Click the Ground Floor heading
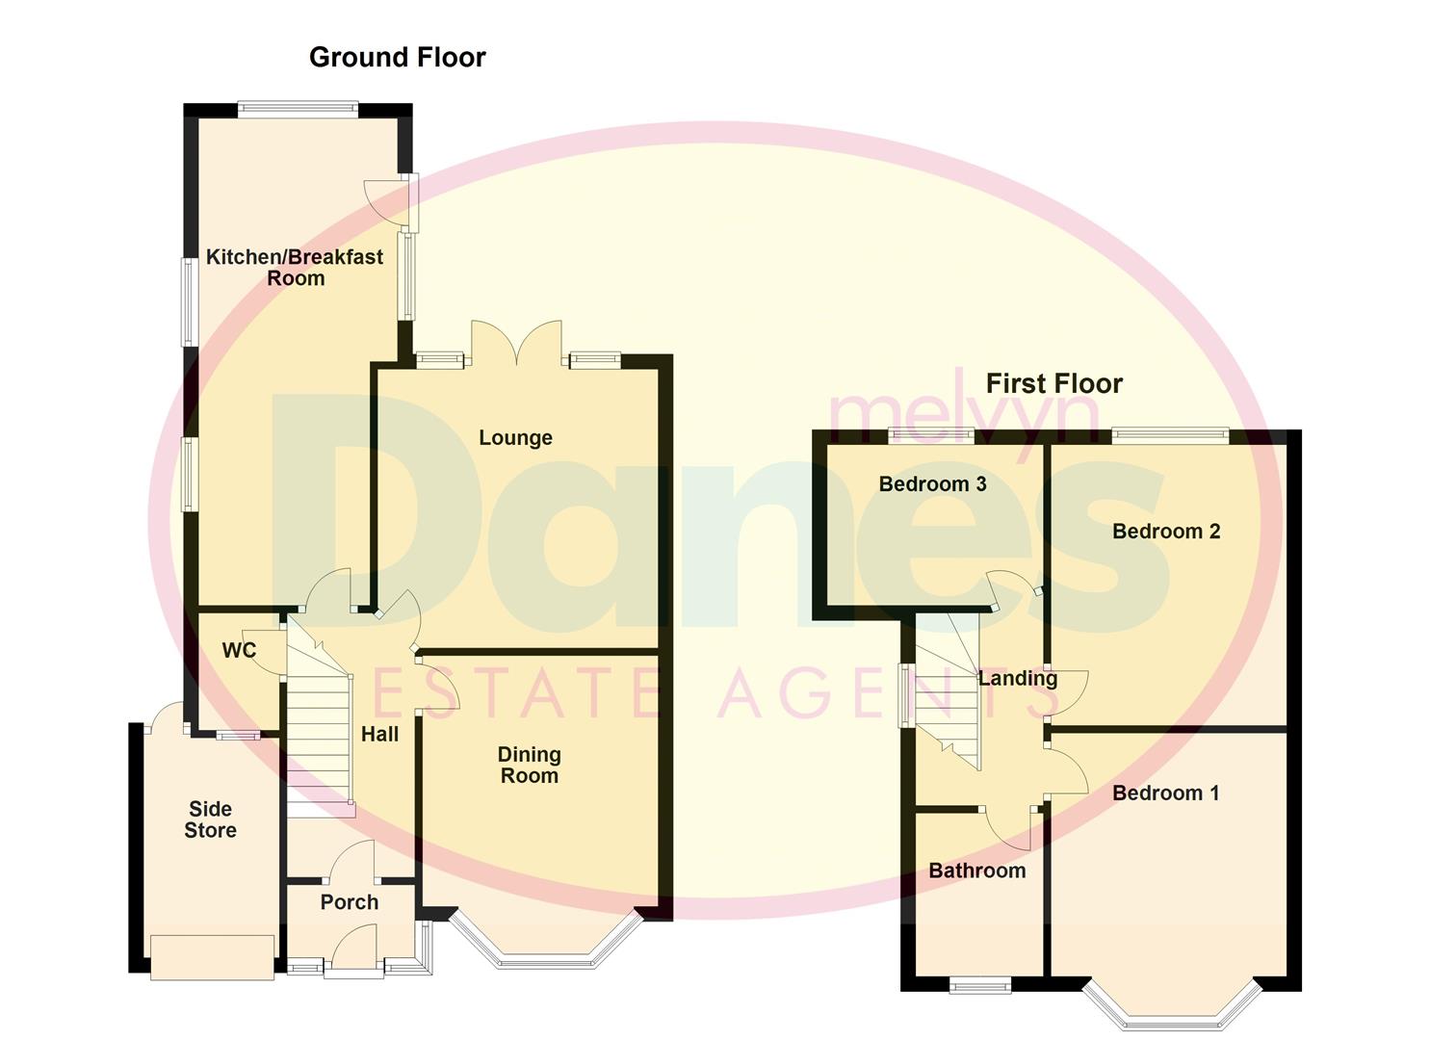pos(397,58)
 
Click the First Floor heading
pos(1053,384)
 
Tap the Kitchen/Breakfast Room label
pos(295,268)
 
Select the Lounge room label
pos(515,438)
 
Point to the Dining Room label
pos(529,766)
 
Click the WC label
pos(239,651)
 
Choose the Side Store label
pos(210,819)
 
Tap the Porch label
pos(349,902)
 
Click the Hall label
pos(379,734)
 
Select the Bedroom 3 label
pos(932,484)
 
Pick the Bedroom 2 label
pos(1165,532)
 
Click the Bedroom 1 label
pos(1165,793)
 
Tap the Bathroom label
pos(976,871)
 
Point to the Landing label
pos(1017,678)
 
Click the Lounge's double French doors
pos(516,345)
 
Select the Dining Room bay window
pos(545,948)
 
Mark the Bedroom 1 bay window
pos(1171,1006)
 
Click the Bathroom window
pos(980,984)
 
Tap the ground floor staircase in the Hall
pos(318,732)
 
